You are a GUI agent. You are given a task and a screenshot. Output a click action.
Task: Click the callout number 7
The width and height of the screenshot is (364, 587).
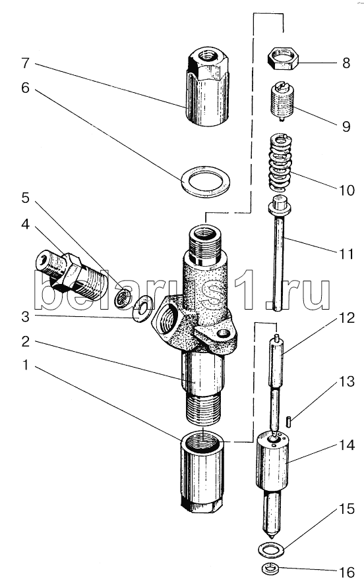coord(25,63)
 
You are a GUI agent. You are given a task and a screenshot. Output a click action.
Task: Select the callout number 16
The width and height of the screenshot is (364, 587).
coord(347,572)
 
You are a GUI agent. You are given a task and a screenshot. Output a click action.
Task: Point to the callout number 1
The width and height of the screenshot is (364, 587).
coord(25,364)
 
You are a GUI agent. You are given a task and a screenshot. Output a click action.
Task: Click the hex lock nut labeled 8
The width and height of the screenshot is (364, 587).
coord(283,60)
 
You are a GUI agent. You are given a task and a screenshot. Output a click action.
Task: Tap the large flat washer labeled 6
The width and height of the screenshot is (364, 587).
coord(205,182)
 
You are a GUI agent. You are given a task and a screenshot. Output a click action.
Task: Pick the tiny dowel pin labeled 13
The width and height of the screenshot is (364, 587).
coord(289,421)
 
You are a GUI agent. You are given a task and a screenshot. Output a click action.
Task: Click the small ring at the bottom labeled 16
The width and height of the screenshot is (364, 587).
coord(268,569)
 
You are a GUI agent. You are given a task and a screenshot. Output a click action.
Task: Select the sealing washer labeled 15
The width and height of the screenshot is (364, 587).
coord(272,549)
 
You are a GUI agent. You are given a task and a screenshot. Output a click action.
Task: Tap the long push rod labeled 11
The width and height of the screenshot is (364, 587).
coord(278,254)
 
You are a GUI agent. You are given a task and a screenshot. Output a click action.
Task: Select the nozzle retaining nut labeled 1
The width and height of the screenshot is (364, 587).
coord(202,473)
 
